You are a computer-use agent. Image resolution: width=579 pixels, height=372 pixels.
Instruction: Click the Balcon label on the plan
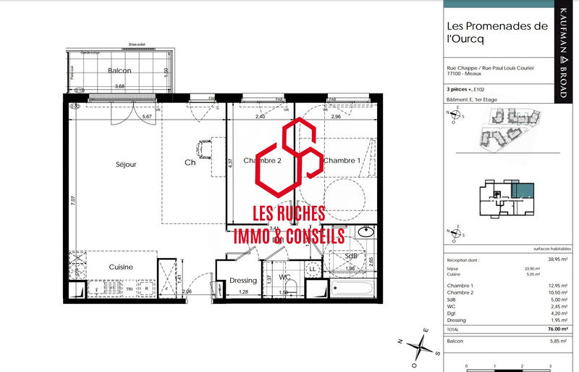click(119, 71)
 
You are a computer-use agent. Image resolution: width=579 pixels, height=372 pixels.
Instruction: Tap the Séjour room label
click(126, 165)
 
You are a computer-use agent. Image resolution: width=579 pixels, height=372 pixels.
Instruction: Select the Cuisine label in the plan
click(121, 267)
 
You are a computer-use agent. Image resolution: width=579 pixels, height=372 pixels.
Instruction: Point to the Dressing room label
click(243, 281)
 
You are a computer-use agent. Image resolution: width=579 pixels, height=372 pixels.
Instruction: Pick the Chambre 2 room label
click(261, 160)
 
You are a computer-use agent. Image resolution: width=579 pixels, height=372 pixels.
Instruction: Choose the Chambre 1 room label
click(342, 160)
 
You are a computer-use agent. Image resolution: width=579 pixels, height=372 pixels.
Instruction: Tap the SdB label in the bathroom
click(352, 256)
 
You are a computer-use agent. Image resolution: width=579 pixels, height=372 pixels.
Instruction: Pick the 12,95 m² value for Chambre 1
click(554, 286)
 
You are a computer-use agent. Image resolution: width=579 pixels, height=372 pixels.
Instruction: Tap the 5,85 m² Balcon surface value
click(555, 341)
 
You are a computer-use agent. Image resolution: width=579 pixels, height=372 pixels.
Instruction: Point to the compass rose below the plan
click(418, 345)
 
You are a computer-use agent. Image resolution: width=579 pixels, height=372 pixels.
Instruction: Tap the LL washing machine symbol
click(313, 269)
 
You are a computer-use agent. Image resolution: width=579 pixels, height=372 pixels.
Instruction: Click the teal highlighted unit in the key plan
click(520, 190)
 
